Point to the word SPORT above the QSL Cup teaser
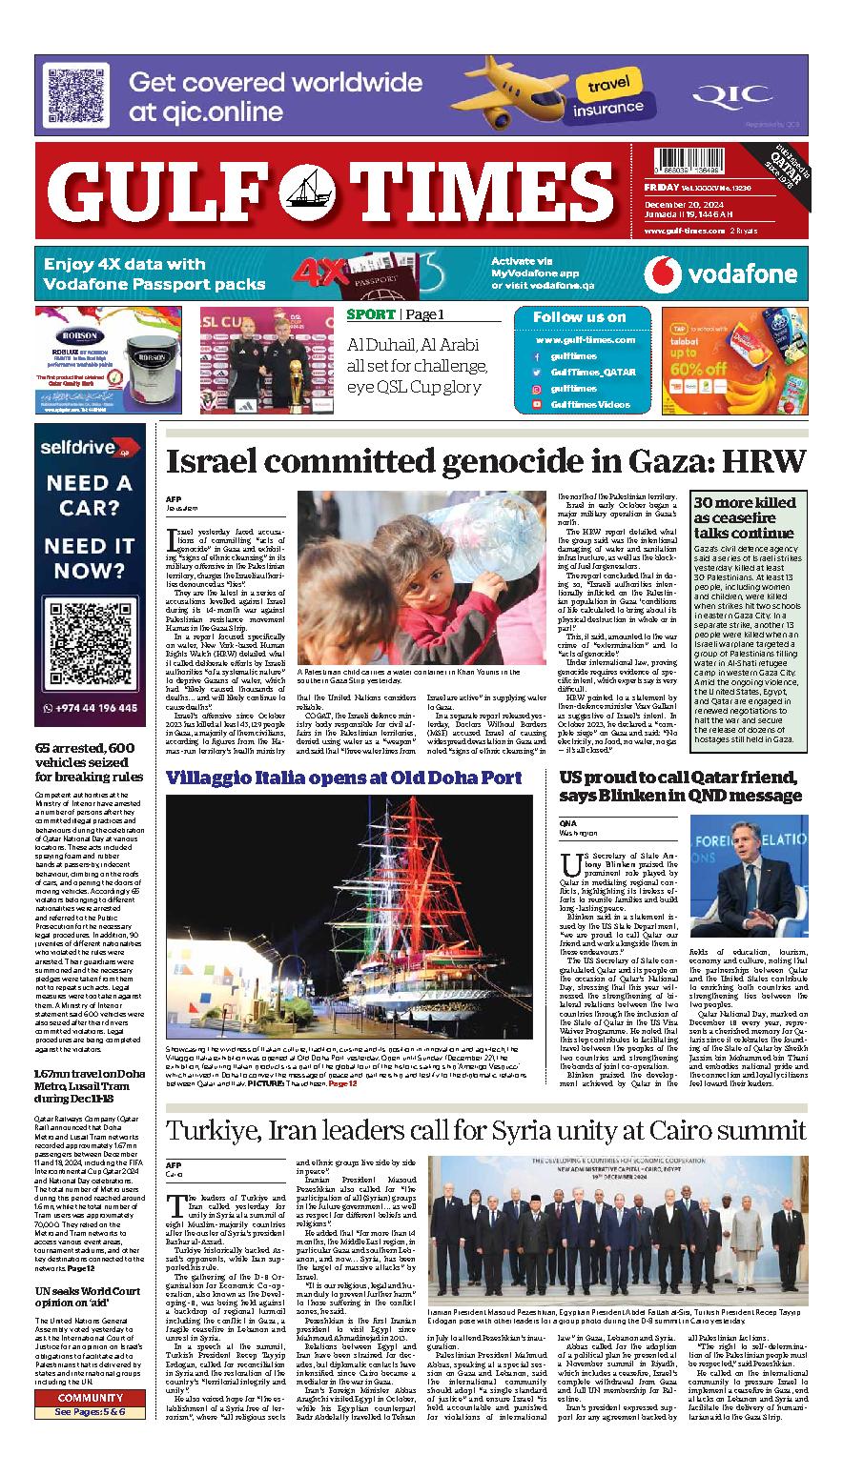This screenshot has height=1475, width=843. point(370,315)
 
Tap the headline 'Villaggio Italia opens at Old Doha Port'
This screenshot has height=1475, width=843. point(343,778)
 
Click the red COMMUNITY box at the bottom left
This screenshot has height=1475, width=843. point(90,1398)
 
